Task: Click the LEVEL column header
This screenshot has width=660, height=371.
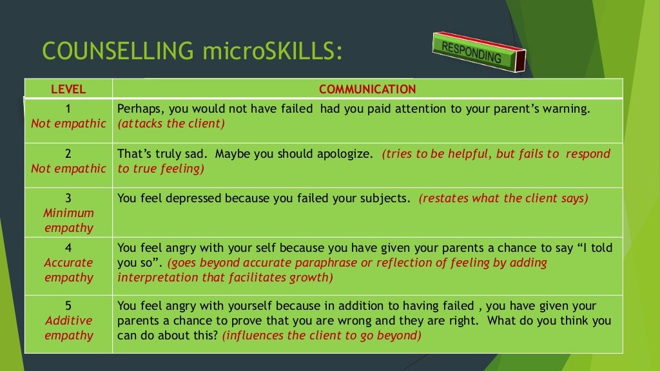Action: point(68,89)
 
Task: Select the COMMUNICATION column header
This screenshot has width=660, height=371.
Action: point(367,89)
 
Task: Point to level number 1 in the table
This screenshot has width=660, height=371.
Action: point(68,109)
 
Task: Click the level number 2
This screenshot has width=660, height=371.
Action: point(68,154)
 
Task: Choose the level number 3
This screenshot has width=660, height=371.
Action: point(68,198)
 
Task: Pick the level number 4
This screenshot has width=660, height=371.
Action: point(68,247)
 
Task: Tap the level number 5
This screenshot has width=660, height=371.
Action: point(68,305)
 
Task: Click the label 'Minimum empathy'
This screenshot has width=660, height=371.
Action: point(68,220)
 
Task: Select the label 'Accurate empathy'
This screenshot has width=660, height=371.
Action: point(68,270)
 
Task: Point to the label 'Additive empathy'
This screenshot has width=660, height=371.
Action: point(68,328)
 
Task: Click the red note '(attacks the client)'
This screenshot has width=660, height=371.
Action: point(171,124)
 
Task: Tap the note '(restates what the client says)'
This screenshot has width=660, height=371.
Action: point(503,198)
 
